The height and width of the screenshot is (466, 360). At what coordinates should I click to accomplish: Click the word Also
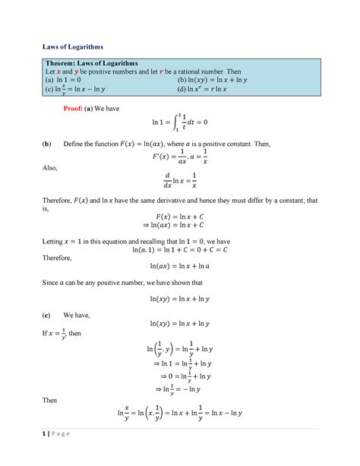coord(49,194)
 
